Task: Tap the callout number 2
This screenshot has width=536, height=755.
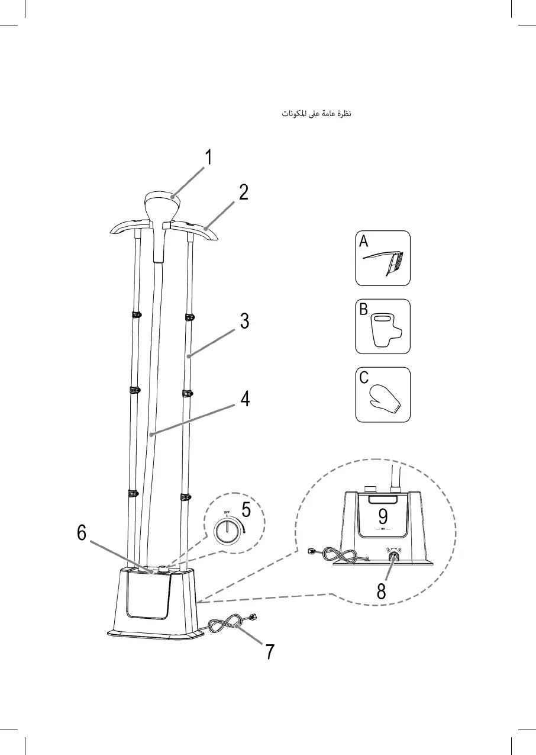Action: (x=244, y=192)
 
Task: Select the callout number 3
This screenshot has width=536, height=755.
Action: (x=244, y=322)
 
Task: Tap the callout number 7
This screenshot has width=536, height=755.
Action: (x=269, y=651)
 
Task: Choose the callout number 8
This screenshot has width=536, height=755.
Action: (x=382, y=591)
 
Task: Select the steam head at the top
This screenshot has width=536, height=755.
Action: (x=161, y=204)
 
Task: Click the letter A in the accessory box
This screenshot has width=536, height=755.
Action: (x=363, y=241)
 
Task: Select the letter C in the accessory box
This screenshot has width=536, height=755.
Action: (x=364, y=378)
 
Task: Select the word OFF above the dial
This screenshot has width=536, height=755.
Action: (x=226, y=512)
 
